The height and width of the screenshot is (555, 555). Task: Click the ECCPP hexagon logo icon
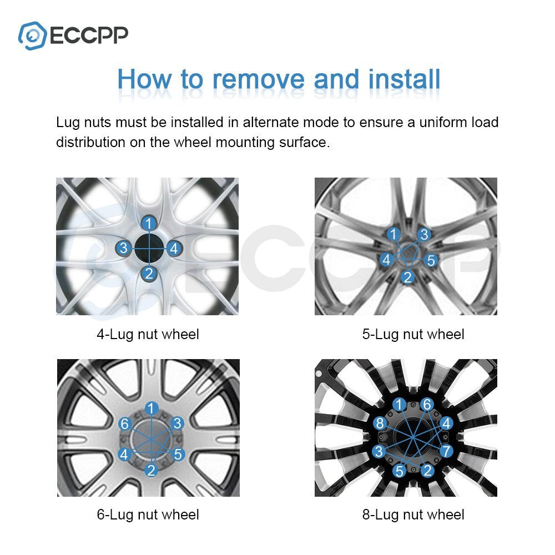coord(32,36)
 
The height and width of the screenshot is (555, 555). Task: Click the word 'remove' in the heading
coord(258,79)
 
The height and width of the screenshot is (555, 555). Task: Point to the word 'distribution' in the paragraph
coord(90,142)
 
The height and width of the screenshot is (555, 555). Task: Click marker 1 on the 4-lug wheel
coord(149,223)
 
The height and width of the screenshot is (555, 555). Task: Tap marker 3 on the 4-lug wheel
coord(124,248)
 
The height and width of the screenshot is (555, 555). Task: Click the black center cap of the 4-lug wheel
coord(149,249)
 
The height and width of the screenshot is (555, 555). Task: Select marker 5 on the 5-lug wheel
coord(431,260)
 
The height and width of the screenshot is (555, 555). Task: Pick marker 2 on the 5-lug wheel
coord(408,277)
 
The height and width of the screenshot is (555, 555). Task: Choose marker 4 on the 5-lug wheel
coord(386,259)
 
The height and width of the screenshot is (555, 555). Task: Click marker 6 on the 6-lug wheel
coord(124,423)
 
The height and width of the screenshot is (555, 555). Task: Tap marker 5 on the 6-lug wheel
coord(178,454)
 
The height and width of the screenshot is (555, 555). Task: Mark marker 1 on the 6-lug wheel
coord(152,408)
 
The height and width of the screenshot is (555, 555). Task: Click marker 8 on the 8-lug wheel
coord(380,423)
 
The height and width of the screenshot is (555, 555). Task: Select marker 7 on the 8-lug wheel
coord(446,451)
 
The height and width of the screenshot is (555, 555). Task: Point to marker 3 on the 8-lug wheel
coord(379,451)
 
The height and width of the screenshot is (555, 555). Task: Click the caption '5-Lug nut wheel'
coord(413,335)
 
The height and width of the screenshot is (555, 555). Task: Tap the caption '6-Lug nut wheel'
coord(148,514)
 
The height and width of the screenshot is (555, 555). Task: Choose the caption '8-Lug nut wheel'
coord(413,514)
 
